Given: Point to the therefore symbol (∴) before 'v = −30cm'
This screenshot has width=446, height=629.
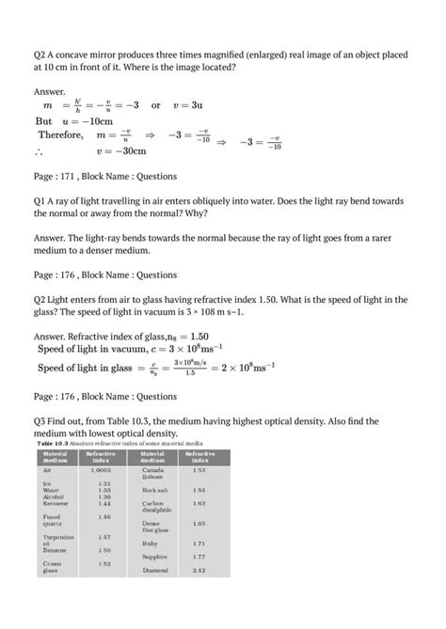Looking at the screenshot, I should pyautogui.click(x=40, y=150).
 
